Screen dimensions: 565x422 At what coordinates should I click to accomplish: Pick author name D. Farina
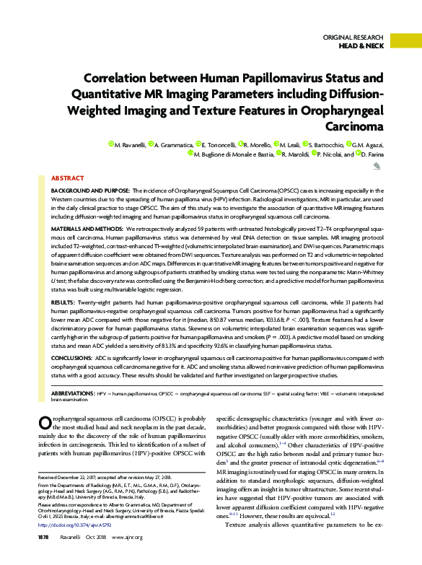pyautogui.click(x=372, y=154)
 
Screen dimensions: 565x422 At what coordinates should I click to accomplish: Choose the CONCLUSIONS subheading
pyautogui.click(x=71, y=356)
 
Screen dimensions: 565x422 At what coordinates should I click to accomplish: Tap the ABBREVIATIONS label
pyautogui.click(x=73, y=393)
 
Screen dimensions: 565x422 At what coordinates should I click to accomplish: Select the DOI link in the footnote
pyautogui.click(x=76, y=545)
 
